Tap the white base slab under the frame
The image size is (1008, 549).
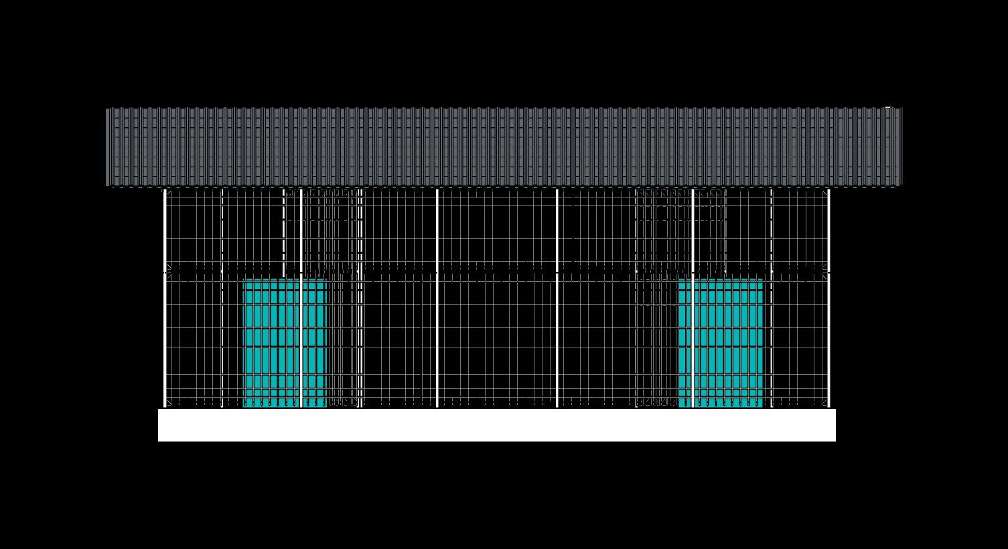pyautogui.click(x=496, y=425)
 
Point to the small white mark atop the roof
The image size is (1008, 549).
pyautogui.click(x=887, y=107)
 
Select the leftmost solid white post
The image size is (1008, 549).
pyautogui.click(x=165, y=298)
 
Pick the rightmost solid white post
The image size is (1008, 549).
pyautogui.click(x=829, y=298)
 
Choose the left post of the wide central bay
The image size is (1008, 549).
pyautogui.click(x=437, y=298)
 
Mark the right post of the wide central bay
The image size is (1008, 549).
pyautogui.click(x=557, y=298)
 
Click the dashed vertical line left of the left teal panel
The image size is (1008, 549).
pyautogui.click(x=222, y=298)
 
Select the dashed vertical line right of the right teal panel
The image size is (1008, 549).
pyautogui.click(x=772, y=298)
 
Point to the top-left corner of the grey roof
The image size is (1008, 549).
pyautogui.click(x=106, y=108)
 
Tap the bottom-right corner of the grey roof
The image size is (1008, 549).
pyautogui.click(x=902, y=185)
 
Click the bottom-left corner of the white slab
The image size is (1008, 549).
pyautogui.click(x=159, y=441)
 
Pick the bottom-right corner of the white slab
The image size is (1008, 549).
pyautogui.click(x=835, y=441)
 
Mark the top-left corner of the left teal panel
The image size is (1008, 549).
pyautogui.click(x=244, y=280)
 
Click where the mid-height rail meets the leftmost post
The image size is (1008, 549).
pyautogui.click(x=165, y=272)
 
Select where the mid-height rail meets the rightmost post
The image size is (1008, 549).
pyautogui.click(x=829, y=272)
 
